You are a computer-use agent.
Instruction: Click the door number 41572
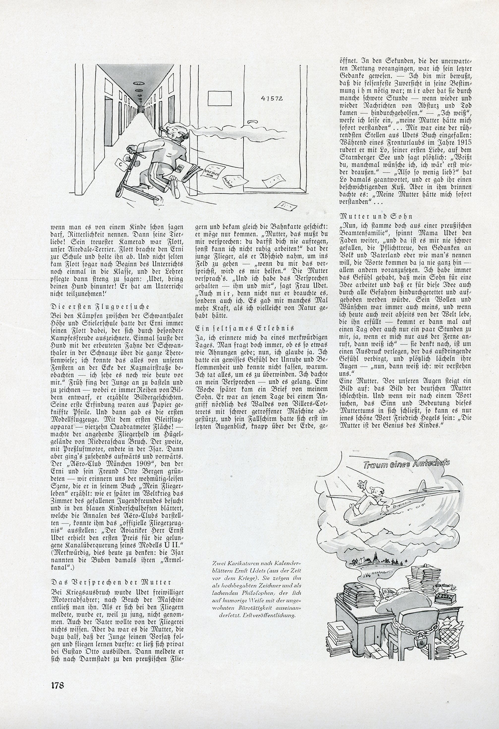click(272, 98)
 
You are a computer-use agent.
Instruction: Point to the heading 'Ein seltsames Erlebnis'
click(245, 328)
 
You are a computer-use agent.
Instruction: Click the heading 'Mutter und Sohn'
click(376, 216)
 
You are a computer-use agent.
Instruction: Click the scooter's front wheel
click(158, 200)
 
